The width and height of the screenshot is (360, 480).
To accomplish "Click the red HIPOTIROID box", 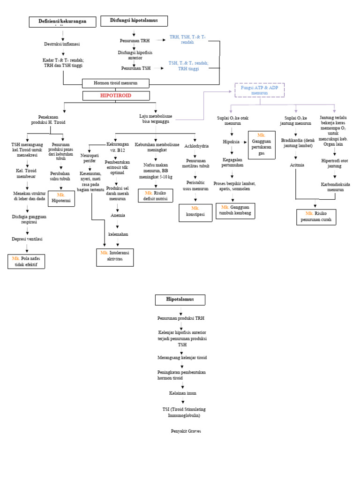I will click(x=116, y=96).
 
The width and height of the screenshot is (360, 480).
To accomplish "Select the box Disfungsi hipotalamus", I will click(x=134, y=21).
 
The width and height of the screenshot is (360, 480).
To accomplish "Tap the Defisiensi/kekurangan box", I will click(x=62, y=22).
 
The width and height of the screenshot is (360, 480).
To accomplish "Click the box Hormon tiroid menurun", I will click(x=116, y=83).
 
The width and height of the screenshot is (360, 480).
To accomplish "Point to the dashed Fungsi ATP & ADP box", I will click(x=259, y=90).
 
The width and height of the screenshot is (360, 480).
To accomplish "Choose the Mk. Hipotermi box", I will click(x=61, y=198).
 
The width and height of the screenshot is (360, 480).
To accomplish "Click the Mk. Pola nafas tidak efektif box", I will click(x=26, y=261).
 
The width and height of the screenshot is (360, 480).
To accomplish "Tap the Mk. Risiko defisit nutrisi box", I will click(x=155, y=195).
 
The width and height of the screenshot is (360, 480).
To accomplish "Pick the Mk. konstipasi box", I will click(x=195, y=212).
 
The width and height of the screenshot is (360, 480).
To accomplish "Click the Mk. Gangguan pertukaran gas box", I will click(x=261, y=145).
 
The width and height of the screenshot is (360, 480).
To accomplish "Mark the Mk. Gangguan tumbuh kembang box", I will click(x=234, y=210).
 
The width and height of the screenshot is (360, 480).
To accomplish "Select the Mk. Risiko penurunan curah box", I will click(x=316, y=217).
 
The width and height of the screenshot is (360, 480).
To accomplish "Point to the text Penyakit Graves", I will click(x=186, y=431).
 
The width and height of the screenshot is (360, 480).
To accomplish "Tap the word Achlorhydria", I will click(x=196, y=146).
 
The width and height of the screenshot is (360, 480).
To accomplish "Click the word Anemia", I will click(x=118, y=216).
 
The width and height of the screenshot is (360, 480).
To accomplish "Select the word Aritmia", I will click(x=297, y=165).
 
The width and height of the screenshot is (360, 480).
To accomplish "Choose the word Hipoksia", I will click(x=231, y=142).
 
